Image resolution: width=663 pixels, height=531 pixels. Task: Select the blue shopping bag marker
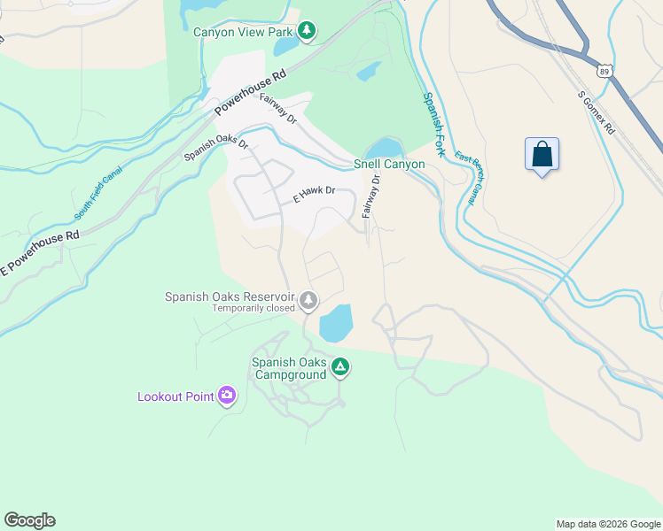click(x=542, y=154)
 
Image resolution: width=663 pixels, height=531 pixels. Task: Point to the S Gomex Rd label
click(x=596, y=112)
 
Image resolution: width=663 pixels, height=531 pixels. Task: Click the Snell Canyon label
click(x=389, y=164)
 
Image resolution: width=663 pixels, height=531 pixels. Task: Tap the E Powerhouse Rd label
click(x=40, y=253)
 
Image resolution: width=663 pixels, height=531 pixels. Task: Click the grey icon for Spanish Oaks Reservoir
click(x=308, y=301)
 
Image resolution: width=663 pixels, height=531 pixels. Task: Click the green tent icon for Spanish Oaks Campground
click(x=339, y=367)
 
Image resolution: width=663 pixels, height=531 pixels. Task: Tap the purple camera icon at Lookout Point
click(x=227, y=396)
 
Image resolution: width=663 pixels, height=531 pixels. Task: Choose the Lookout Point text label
click(x=175, y=396)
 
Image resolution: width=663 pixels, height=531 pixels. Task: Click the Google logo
click(x=29, y=520)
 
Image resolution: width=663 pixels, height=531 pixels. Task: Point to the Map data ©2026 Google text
click(x=608, y=524)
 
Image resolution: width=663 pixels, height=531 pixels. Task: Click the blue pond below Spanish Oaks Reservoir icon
click(x=335, y=324)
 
